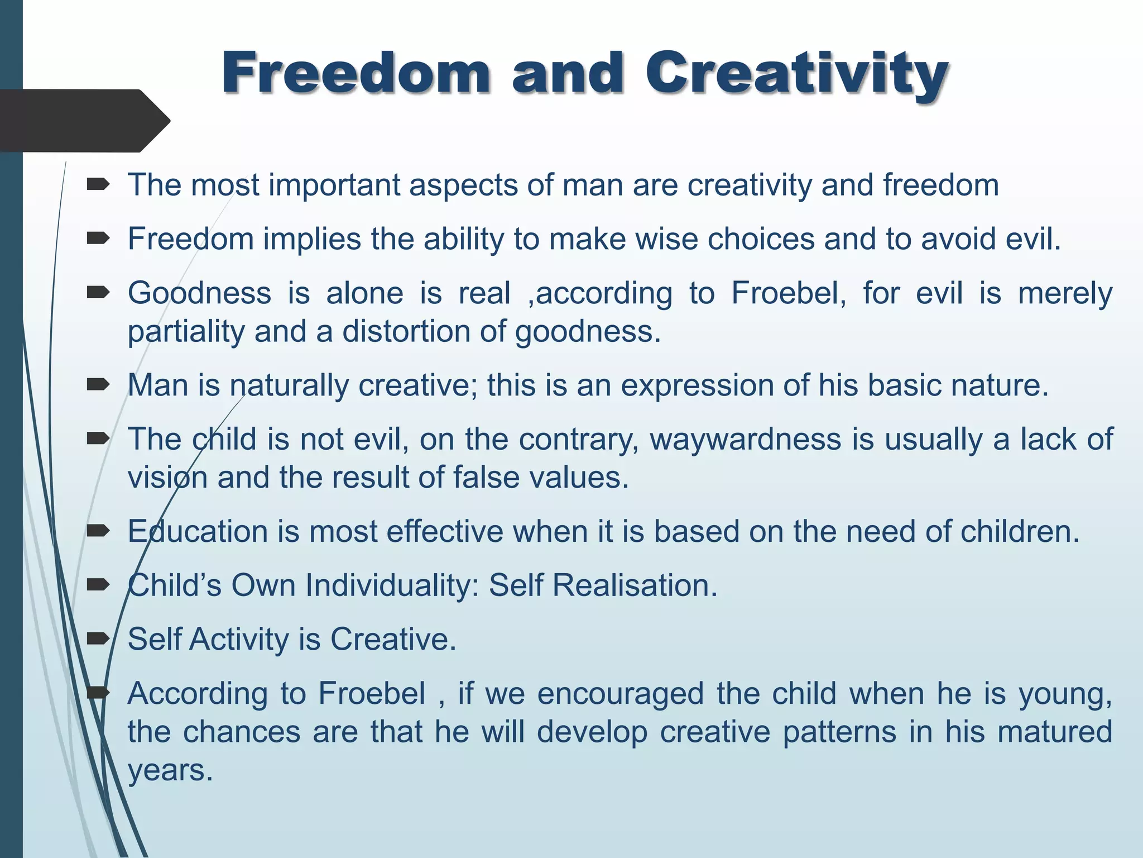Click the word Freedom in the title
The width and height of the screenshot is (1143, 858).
(356, 73)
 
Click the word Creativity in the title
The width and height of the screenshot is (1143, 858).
(796, 73)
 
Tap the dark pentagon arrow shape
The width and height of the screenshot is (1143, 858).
(84, 121)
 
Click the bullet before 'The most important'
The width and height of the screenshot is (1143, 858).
(98, 185)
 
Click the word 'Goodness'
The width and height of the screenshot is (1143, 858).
(199, 293)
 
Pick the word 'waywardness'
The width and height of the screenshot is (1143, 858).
(745, 439)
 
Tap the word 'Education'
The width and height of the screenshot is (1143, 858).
(198, 531)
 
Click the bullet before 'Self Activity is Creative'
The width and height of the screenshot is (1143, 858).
(98, 638)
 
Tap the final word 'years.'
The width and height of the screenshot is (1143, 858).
(170, 770)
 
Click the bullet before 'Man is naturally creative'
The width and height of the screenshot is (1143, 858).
(98, 385)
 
